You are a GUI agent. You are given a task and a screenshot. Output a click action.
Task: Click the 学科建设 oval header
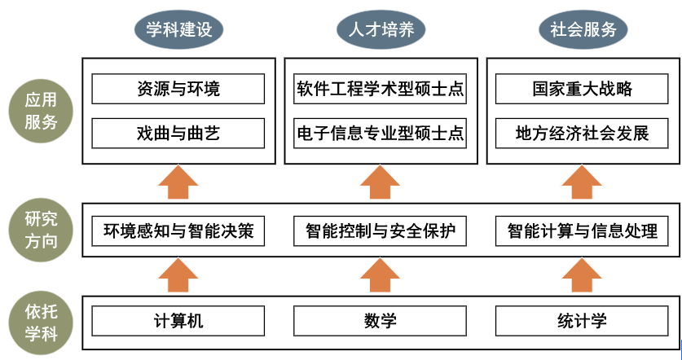pyautogui.click(x=178, y=30)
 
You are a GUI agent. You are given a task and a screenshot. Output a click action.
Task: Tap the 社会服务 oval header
pyautogui.click(x=583, y=30)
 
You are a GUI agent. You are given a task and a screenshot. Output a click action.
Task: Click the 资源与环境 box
pyautogui.click(x=178, y=89)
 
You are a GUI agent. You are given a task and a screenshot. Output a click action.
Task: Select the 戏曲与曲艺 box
pyautogui.click(x=178, y=133)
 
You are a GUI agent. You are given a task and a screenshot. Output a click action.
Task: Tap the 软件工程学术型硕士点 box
pyautogui.click(x=381, y=89)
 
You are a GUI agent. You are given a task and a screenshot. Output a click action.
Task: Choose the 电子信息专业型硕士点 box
pyautogui.click(x=381, y=133)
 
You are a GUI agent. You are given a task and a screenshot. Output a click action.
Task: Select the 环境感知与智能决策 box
pyautogui.click(x=178, y=231)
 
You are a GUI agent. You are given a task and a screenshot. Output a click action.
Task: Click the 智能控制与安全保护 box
pyautogui.click(x=381, y=231)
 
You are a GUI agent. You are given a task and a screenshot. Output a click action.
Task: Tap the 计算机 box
pyautogui.click(x=178, y=321)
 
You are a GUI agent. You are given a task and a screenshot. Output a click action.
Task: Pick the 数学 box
pyautogui.click(x=381, y=321)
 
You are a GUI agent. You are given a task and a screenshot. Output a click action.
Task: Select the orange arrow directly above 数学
pyautogui.click(x=381, y=275)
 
